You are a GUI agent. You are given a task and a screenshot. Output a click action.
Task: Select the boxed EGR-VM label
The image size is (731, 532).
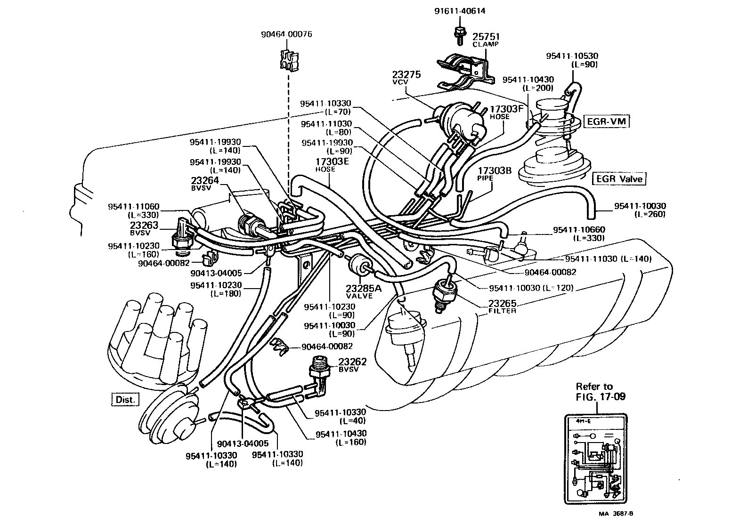pos(608,121)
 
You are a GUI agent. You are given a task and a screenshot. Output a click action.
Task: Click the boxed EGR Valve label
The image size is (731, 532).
pos(619,179)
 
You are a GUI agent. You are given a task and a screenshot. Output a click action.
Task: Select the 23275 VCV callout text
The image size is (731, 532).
pos(406,77)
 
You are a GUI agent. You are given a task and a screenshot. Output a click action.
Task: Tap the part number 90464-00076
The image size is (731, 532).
pos(286,34)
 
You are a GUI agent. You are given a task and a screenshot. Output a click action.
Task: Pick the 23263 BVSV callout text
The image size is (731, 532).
pos(144,228)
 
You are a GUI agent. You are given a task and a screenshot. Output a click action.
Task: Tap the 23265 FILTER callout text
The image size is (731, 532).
pos(502,306)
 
